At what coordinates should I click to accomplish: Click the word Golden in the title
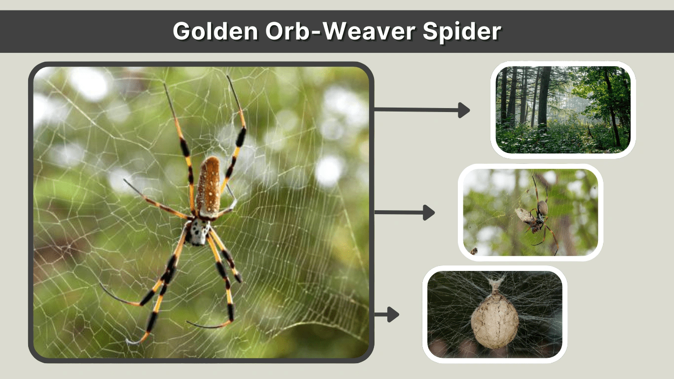[215, 31]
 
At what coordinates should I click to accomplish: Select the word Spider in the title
[462, 32]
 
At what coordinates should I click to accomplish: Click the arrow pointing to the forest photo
[422, 110]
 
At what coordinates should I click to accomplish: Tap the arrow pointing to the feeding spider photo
[405, 213]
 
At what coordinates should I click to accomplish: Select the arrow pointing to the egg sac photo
[387, 314]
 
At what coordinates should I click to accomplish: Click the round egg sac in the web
[495, 321]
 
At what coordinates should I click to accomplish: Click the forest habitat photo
[563, 110]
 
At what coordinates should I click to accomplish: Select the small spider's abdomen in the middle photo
[543, 208]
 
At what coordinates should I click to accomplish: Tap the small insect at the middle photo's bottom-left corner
[474, 251]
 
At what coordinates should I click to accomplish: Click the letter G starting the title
[182, 31]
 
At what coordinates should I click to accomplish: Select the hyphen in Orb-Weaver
[316, 33]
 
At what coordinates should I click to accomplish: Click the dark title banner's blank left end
[84, 32]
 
